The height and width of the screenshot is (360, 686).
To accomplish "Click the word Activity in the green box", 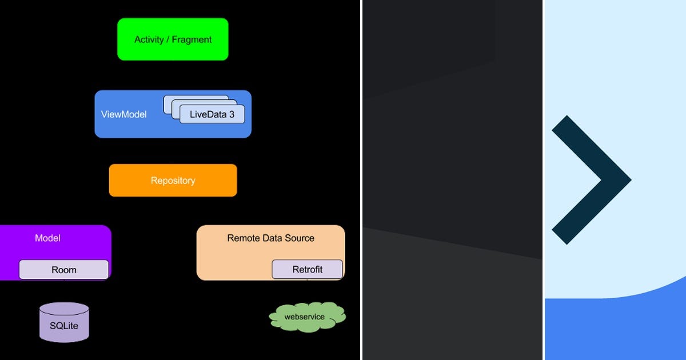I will point(149,40).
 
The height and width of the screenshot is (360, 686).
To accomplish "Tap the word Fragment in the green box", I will point(192,40).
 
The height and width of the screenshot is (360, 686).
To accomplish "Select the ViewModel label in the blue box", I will point(123,115).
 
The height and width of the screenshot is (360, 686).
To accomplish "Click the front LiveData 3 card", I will point(212,114).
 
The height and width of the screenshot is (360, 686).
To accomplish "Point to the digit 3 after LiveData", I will point(232,114).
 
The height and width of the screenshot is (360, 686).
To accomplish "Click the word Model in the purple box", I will point(47,238).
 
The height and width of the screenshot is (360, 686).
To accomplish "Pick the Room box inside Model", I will point(63,270).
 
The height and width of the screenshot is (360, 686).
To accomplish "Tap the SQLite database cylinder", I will point(64,323).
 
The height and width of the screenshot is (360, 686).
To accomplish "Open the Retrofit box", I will point(307,270).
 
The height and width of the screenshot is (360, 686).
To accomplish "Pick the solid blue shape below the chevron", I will point(615,331).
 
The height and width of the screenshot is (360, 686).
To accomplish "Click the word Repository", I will point(173,181).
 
